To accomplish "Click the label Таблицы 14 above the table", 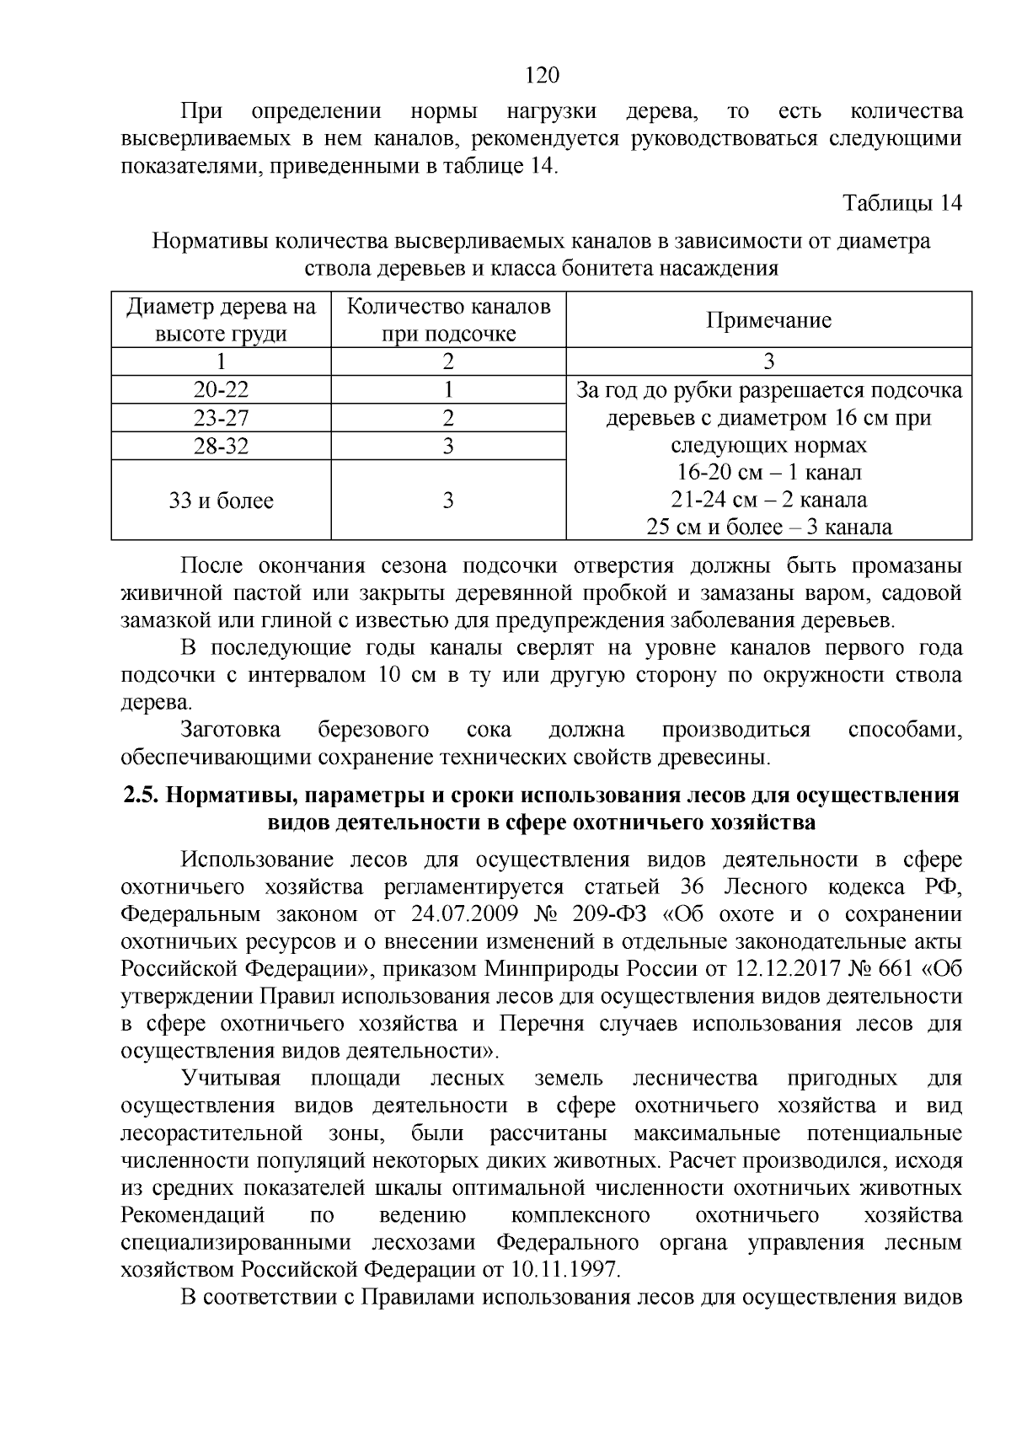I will pyautogui.click(x=902, y=204).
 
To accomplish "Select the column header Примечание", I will pyautogui.click(x=768, y=320).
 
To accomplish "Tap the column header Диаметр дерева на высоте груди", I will pyautogui.click(x=221, y=320).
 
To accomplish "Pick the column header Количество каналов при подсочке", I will pyautogui.click(x=448, y=320).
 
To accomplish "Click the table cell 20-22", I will pyautogui.click(x=221, y=390).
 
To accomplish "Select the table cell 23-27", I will pyautogui.click(x=221, y=418).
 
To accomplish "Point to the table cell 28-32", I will pyautogui.click(x=221, y=446).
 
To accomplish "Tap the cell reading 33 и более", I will pyautogui.click(x=221, y=501).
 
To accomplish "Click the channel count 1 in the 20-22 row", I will pyautogui.click(x=448, y=390).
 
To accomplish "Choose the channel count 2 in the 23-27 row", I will pyautogui.click(x=448, y=418).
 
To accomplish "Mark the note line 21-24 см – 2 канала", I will pyautogui.click(x=768, y=500).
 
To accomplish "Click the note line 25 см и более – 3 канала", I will pyautogui.click(x=768, y=528).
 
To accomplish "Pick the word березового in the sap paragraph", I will pyautogui.click(x=373, y=730).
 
